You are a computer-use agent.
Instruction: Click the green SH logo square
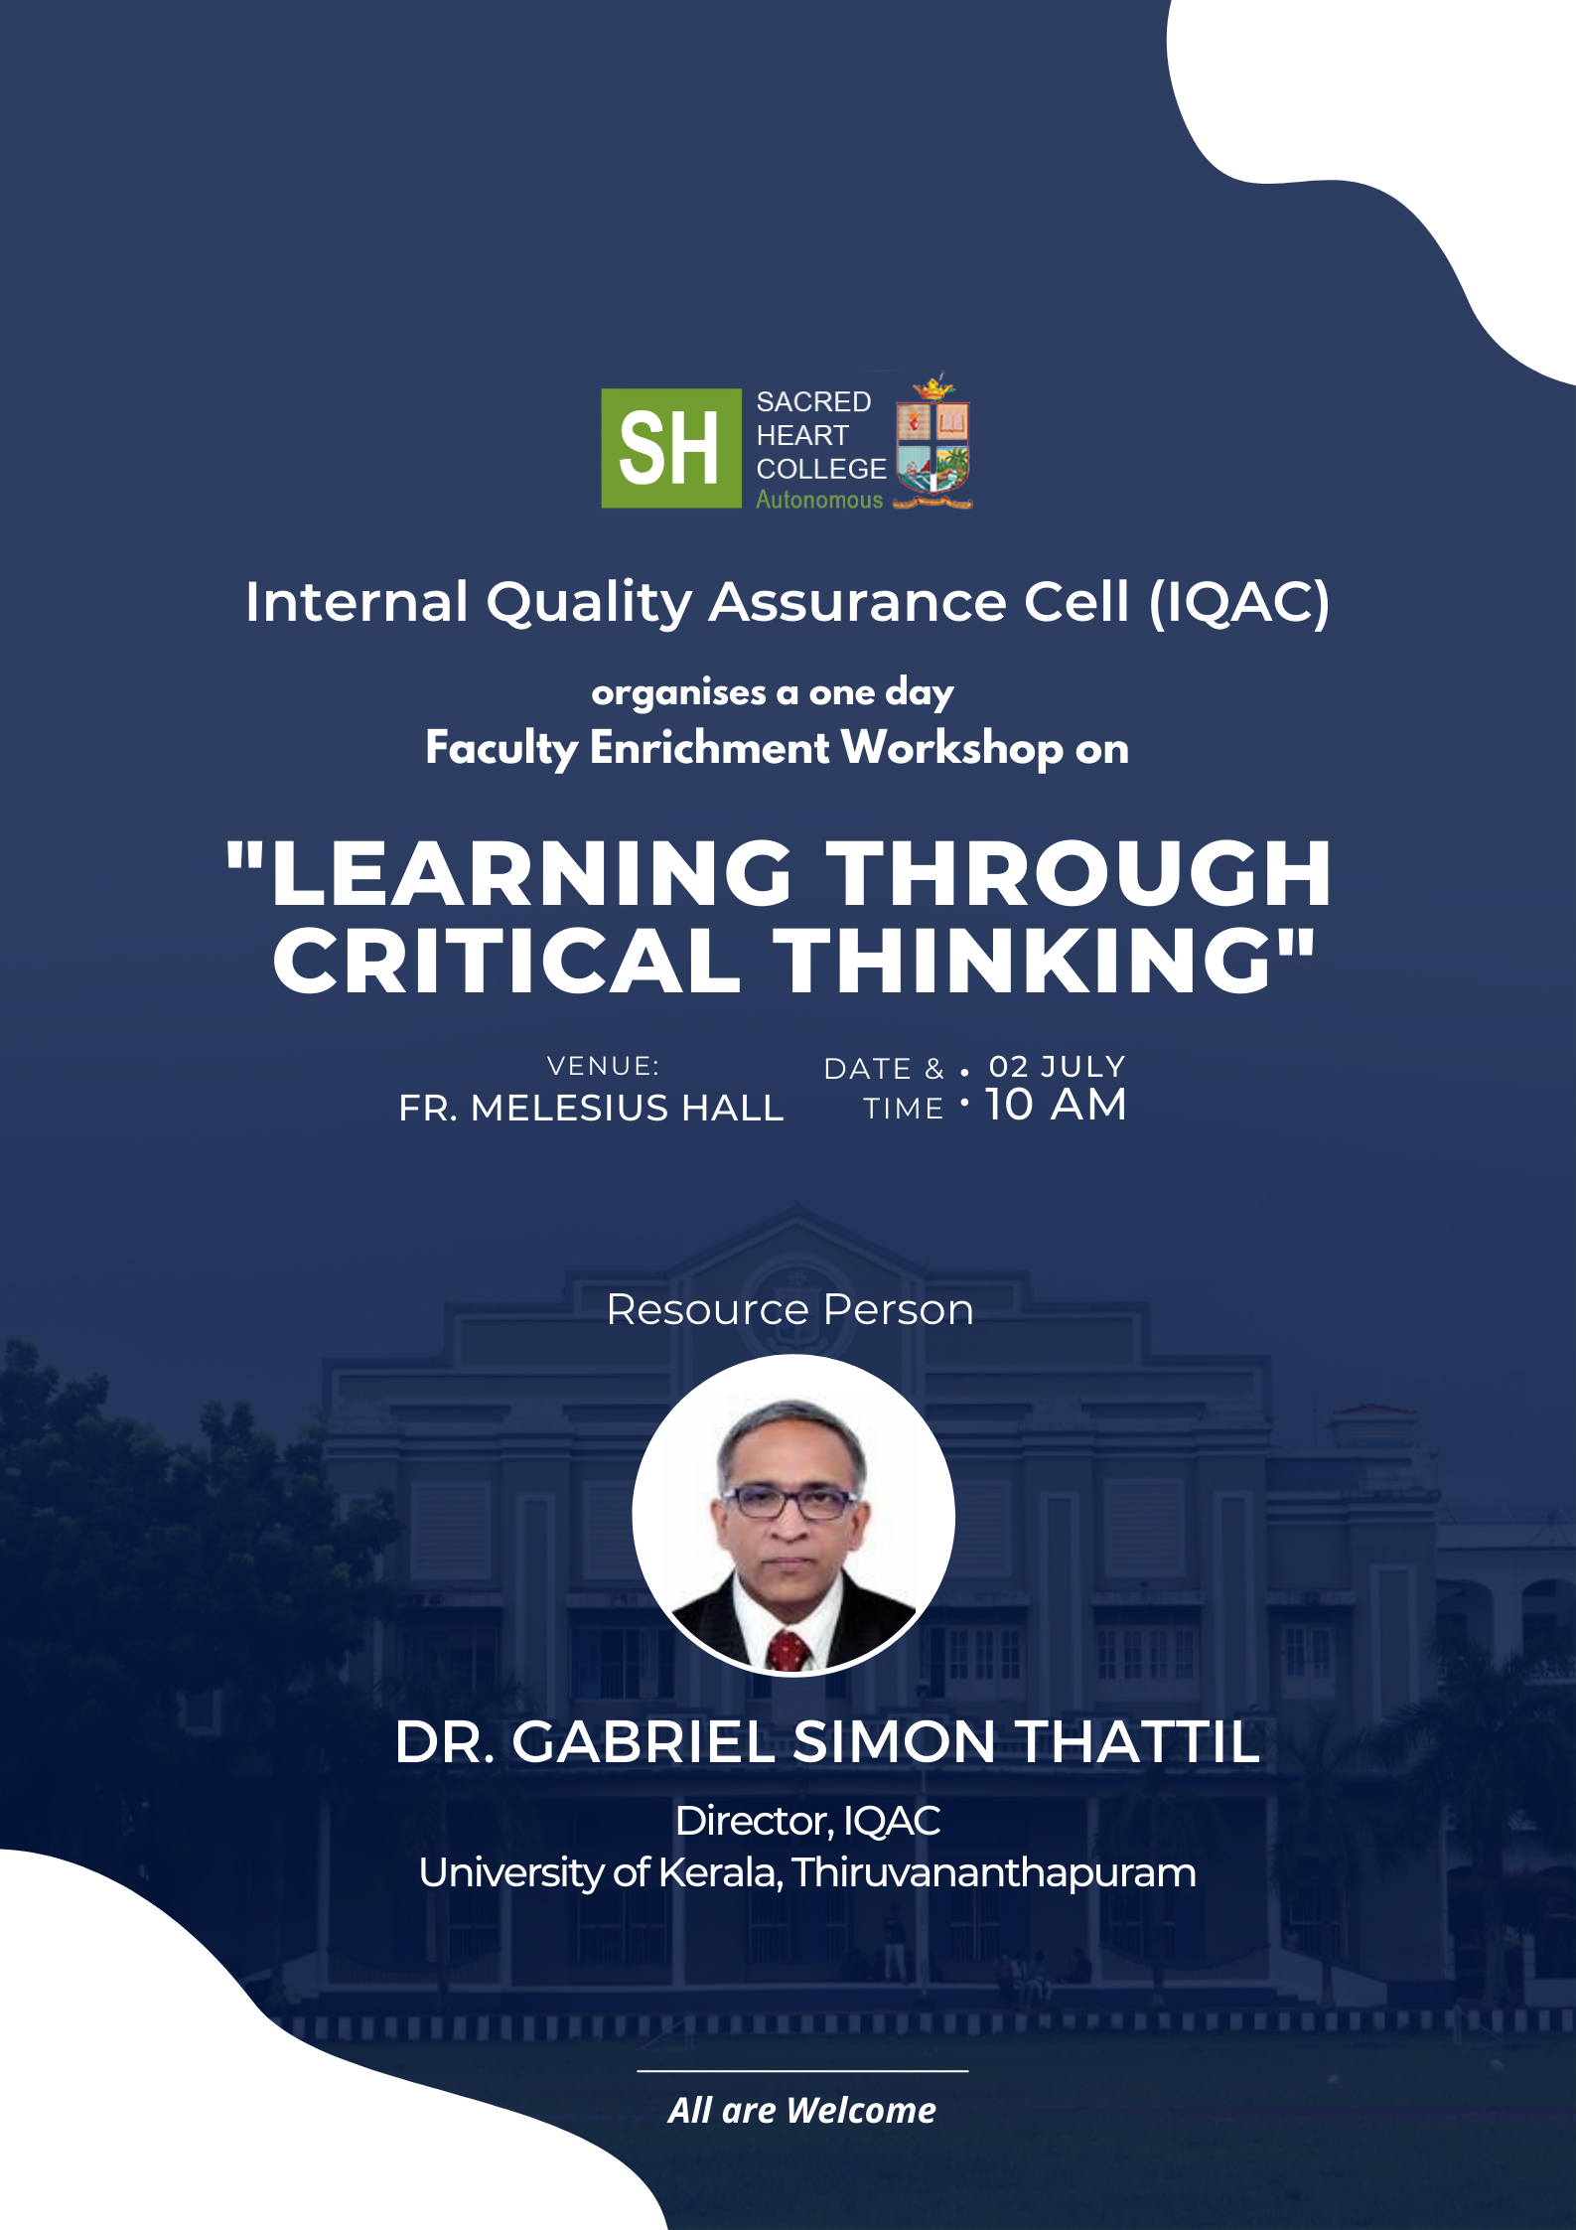[x=671, y=448]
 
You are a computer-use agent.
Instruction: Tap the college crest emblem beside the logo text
[x=932, y=442]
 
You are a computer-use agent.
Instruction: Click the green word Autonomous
[x=819, y=500]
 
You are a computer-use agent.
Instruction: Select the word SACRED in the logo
[x=813, y=401]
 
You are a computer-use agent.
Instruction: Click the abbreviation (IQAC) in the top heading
[x=1238, y=602]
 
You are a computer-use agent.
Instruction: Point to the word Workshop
[x=952, y=749]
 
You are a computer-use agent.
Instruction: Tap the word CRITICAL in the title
[x=506, y=961]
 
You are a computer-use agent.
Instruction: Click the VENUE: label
[x=604, y=1066]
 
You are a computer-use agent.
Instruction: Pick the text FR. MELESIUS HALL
[x=592, y=1108]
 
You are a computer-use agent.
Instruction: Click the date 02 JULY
[x=1057, y=1066]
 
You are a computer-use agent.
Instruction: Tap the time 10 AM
[x=1056, y=1105]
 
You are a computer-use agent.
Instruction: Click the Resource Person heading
[x=789, y=1309]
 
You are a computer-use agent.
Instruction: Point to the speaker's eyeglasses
[x=791, y=1502]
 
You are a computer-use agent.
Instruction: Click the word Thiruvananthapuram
[x=993, y=1873]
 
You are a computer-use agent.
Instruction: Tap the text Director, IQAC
[x=808, y=1821]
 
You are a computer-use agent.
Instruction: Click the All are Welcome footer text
[x=802, y=2110]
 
